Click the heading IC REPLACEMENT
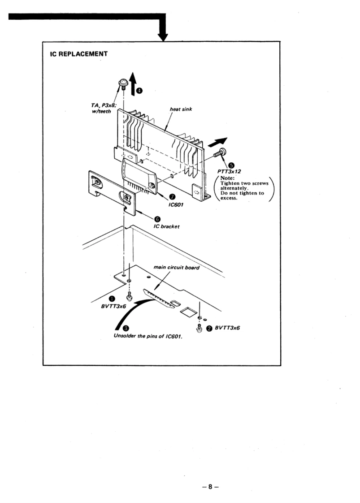[79, 54]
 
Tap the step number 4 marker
[139, 90]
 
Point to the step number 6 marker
[157, 219]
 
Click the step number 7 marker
[172, 197]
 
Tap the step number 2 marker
[209, 328]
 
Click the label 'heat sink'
[181, 109]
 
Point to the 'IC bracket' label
[166, 226]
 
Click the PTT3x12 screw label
[229, 171]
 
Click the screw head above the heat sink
[122, 82]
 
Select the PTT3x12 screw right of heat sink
[220, 154]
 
